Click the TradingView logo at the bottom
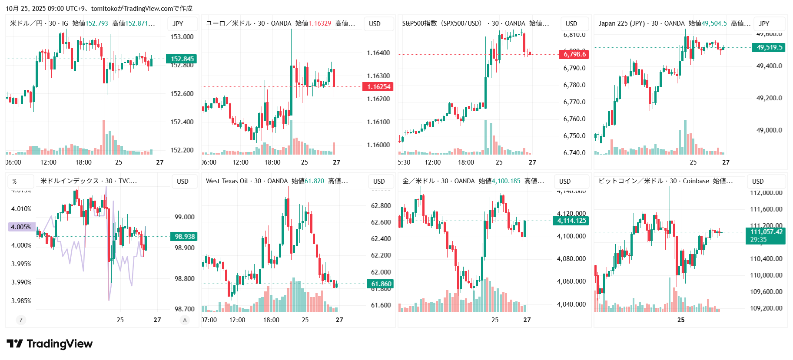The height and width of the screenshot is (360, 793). pyautogui.click(x=50, y=344)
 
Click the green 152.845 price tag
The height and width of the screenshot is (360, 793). pyautogui.click(x=182, y=59)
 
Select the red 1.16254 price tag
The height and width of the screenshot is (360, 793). pyautogui.click(x=378, y=87)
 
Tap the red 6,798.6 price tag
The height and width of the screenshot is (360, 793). pyautogui.click(x=574, y=54)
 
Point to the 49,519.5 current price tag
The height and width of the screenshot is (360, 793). pyautogui.click(x=769, y=47)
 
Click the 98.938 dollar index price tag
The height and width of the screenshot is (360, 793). pyautogui.click(x=184, y=237)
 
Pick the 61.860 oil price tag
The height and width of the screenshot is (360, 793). pyautogui.click(x=381, y=284)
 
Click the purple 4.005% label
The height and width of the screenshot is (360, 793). pyautogui.click(x=21, y=227)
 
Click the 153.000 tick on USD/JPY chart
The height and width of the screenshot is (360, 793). pyautogui.click(x=182, y=37)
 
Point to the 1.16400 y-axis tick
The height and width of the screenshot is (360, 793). pyautogui.click(x=378, y=53)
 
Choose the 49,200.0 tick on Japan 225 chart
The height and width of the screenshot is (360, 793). pyautogui.click(x=769, y=98)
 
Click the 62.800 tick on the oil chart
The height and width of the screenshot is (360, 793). pyautogui.click(x=381, y=206)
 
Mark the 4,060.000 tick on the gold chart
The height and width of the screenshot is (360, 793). pyautogui.click(x=571, y=281)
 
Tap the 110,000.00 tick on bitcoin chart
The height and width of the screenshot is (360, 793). pyautogui.click(x=766, y=275)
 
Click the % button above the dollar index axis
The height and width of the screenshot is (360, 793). pyautogui.click(x=14, y=182)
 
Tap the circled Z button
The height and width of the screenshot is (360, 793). pyautogui.click(x=21, y=320)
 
